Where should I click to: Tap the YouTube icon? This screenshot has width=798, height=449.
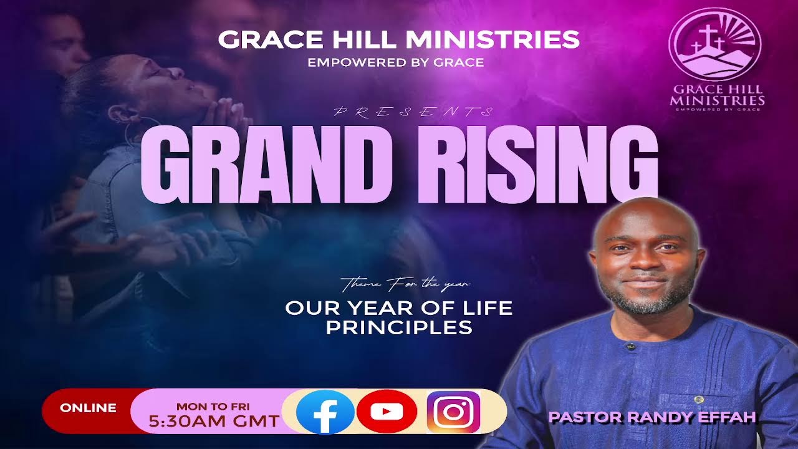coord(387,412)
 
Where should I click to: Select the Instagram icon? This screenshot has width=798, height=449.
coord(453,412)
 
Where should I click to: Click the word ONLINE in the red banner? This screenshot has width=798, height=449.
coord(88,408)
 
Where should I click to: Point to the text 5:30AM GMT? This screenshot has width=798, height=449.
coord(213,421)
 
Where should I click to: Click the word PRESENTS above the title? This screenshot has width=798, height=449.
coord(414,112)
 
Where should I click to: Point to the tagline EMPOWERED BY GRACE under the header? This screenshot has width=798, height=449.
coord(395,62)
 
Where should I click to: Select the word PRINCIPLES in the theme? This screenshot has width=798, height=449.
coord(399,327)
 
